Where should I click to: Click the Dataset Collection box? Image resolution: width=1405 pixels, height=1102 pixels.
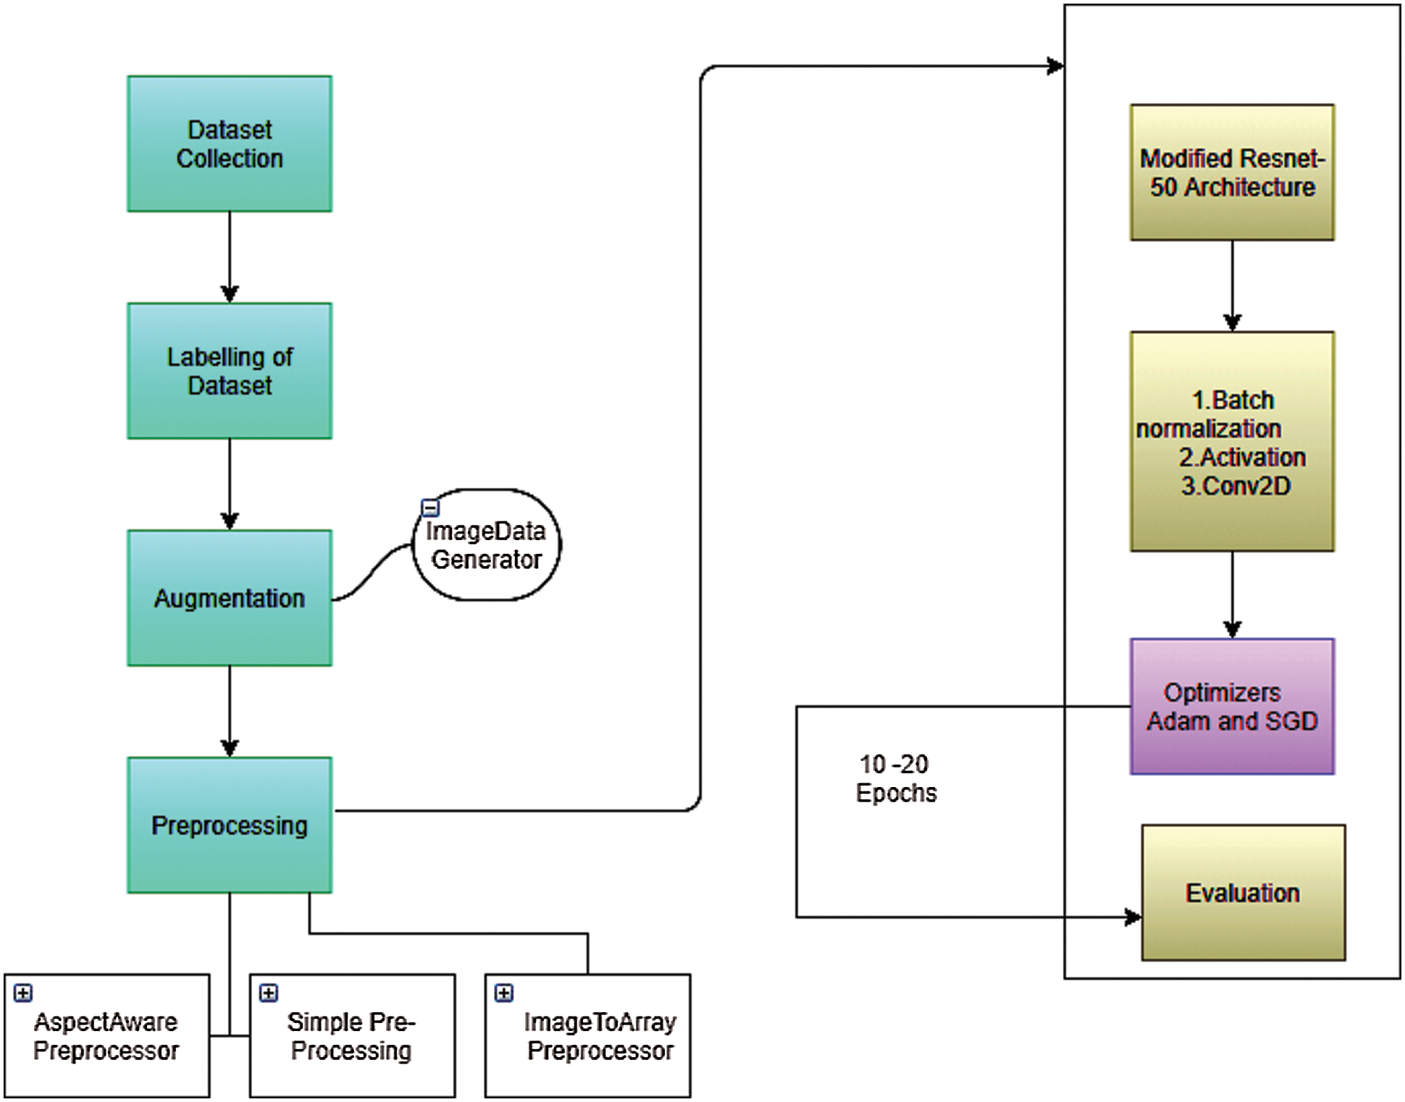click(x=230, y=144)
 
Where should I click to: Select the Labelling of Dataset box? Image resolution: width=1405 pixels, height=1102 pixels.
click(x=230, y=371)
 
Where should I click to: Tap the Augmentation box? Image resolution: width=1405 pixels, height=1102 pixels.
click(x=230, y=598)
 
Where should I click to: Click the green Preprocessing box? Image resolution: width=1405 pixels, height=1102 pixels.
click(x=230, y=825)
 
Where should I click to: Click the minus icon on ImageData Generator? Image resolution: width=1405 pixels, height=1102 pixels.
click(x=430, y=508)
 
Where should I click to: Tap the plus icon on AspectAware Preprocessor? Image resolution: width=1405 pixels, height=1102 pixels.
click(x=23, y=993)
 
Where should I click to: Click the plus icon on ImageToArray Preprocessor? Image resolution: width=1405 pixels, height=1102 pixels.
click(x=504, y=993)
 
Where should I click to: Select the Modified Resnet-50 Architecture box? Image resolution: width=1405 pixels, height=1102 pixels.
click(x=1232, y=172)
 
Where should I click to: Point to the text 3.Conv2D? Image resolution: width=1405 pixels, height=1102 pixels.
click(x=1236, y=486)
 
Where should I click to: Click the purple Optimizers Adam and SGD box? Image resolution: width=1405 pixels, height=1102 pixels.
click(x=1232, y=707)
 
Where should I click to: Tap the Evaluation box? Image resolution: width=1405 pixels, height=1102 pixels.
click(x=1243, y=893)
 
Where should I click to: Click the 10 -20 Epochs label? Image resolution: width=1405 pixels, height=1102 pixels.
click(x=896, y=778)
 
